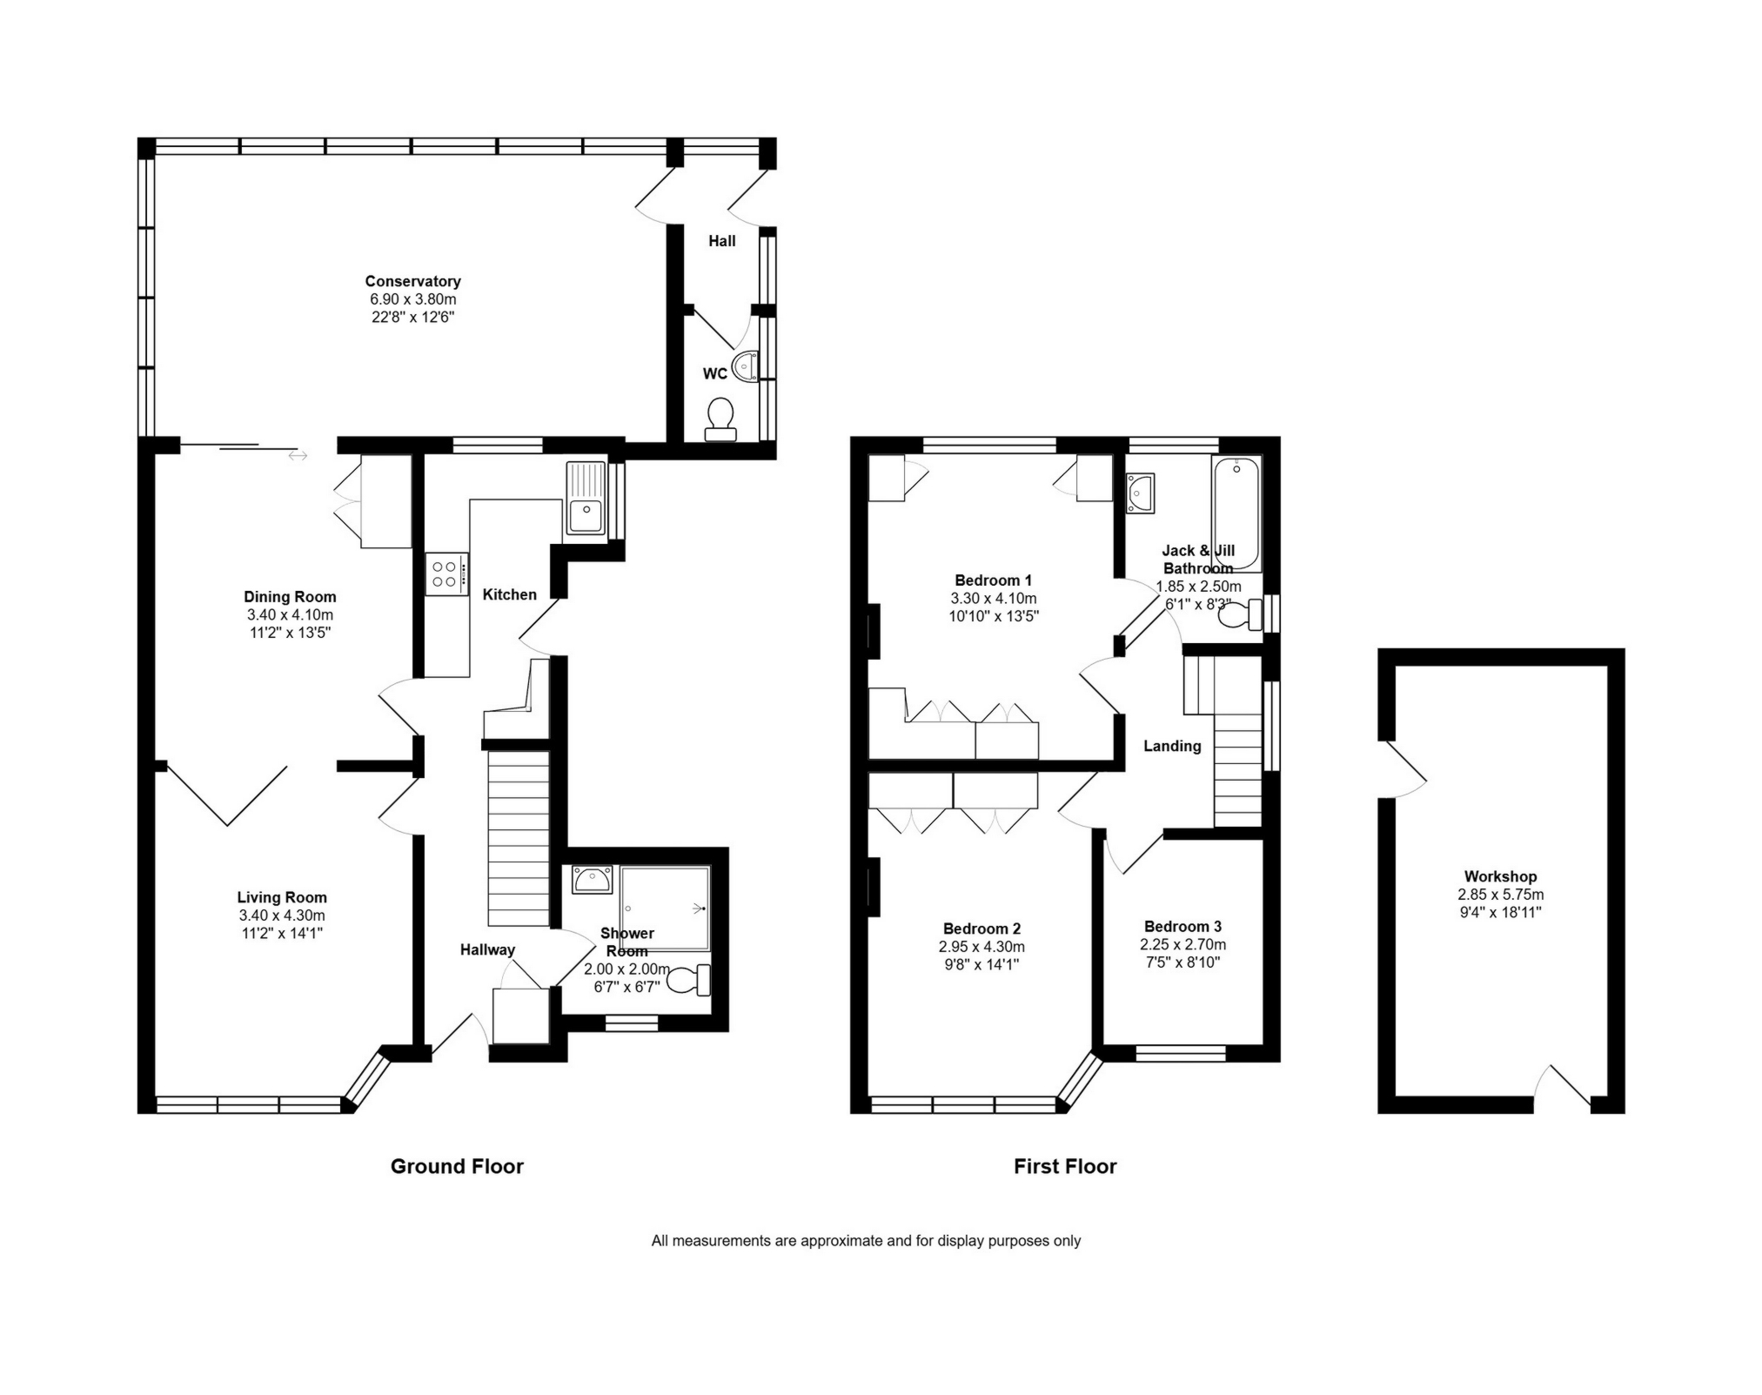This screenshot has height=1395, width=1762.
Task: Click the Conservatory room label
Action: point(412,281)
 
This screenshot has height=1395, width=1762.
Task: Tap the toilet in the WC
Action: point(720,419)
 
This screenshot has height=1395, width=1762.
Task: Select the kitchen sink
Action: point(586,498)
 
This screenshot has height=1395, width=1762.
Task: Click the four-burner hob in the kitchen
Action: point(446,574)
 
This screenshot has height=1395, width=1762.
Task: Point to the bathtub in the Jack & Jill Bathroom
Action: point(1236,513)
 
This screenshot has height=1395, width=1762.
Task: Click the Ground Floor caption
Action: point(457,1166)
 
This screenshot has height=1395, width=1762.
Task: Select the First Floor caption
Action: point(1065,1166)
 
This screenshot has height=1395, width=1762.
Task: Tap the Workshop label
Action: point(1500,876)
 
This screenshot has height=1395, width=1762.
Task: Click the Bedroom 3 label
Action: point(1182,926)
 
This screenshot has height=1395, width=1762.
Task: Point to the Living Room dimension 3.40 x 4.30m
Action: point(282,915)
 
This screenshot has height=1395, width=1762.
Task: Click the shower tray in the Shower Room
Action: point(666,908)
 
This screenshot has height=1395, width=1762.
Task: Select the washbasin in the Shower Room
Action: point(593,879)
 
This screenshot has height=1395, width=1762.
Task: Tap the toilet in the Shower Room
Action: point(693,980)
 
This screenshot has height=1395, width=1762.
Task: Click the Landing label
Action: point(1172,746)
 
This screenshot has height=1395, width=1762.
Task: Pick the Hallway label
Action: point(487,949)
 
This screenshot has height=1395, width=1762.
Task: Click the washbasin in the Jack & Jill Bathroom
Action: point(1140,493)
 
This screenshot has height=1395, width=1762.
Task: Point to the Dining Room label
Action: point(290,597)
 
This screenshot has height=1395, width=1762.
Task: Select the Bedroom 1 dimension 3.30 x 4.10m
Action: point(994,599)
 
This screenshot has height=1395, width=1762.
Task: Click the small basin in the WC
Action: point(746,366)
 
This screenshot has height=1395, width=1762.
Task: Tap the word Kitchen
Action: point(510,594)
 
